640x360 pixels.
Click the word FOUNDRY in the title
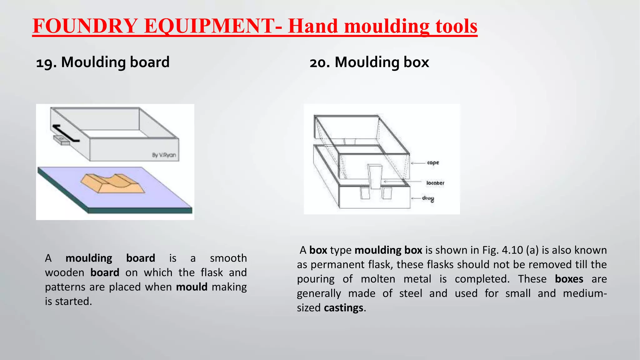coord(85,26)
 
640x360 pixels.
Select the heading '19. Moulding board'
coord(103,62)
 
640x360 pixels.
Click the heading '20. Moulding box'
coord(369,62)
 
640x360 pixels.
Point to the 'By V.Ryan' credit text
coord(164,155)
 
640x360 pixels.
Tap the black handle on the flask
coord(65,133)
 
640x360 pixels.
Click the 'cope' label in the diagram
coord(433,162)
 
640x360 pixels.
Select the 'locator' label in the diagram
coord(435,183)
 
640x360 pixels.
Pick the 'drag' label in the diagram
coord(428,198)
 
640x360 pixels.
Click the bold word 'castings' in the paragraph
coord(343,308)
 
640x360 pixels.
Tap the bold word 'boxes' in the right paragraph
coord(569,279)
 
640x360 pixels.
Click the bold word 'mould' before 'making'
coord(192,287)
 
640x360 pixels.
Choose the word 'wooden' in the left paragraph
coord(64,273)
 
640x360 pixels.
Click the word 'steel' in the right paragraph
coord(410,293)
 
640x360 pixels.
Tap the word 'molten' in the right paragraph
coord(378,279)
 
